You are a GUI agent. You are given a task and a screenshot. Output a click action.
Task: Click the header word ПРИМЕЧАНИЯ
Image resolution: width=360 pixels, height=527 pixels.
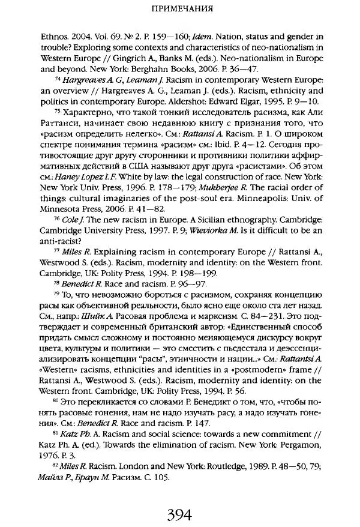pos(179,10)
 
